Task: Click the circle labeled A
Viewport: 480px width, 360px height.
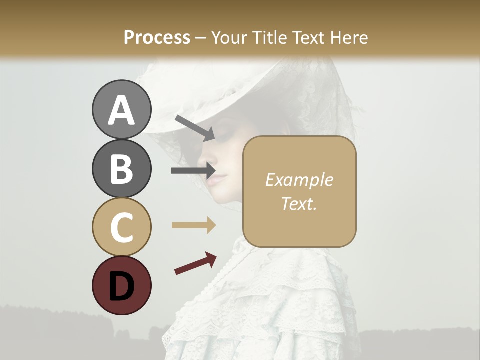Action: point(121,110)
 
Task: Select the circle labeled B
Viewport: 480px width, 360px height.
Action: point(121,168)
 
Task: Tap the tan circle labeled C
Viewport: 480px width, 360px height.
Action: point(121,227)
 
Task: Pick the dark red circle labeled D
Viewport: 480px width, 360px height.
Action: point(121,285)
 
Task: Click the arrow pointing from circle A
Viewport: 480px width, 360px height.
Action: point(195,128)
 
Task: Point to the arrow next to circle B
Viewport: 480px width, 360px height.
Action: point(193,171)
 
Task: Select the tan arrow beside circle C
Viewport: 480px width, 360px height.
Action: point(194,225)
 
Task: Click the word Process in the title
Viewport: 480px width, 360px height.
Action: point(157,38)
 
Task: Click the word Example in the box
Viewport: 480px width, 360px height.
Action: point(299,180)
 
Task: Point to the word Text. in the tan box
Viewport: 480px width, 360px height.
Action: point(299,203)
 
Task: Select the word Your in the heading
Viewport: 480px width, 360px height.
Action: point(229,38)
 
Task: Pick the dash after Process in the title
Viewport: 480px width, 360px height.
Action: point(201,38)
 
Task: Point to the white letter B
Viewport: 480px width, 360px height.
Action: point(121,168)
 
